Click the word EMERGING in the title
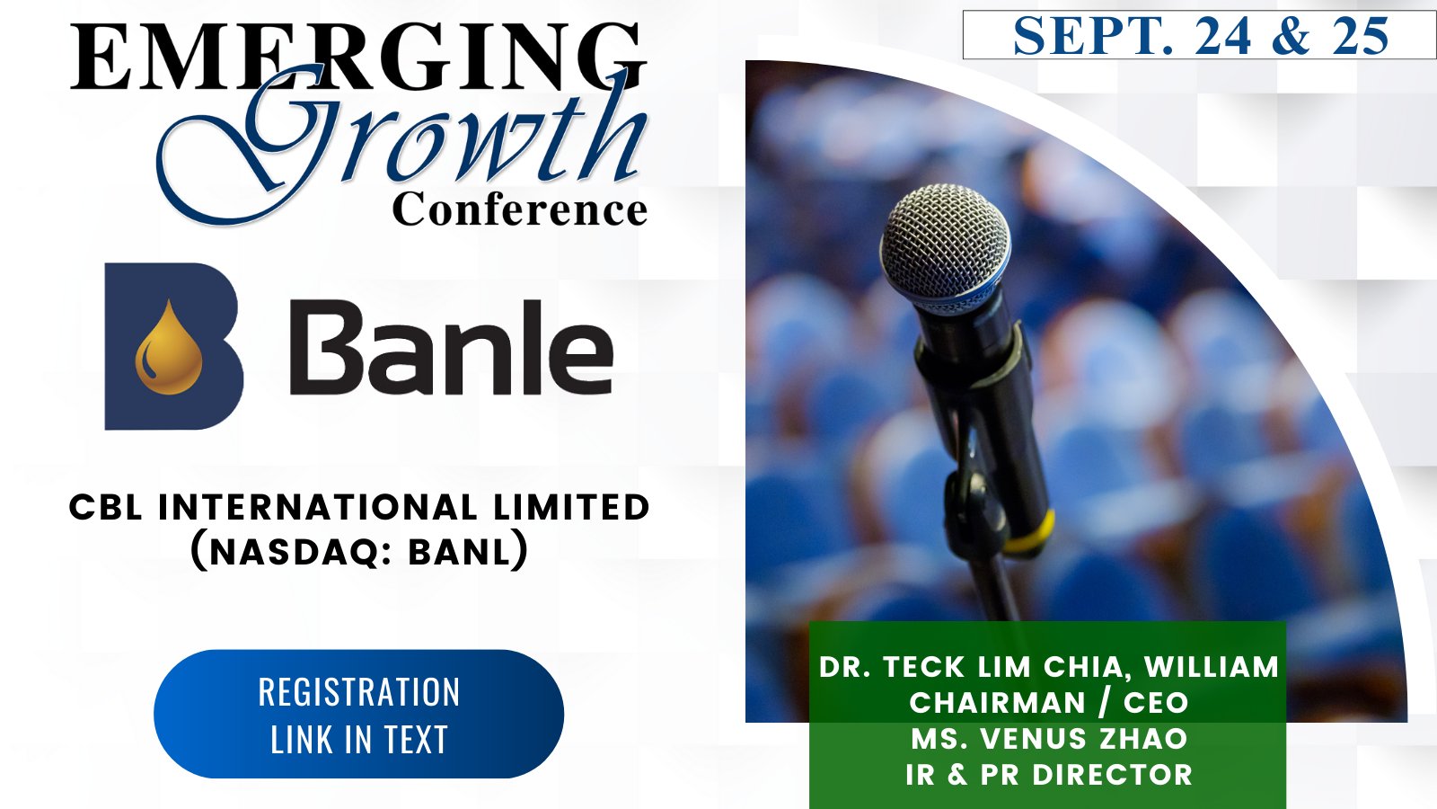pyautogui.click(x=358, y=57)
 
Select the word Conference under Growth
pyautogui.click(x=520, y=209)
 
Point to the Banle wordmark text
pyautogui.click(x=452, y=347)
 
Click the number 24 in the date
pyautogui.click(x=1222, y=36)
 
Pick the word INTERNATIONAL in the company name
pyautogui.click(x=318, y=507)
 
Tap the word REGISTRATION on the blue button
pyautogui.click(x=359, y=691)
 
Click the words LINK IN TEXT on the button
pyautogui.click(x=359, y=740)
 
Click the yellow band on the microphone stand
pyautogui.click(x=1029, y=534)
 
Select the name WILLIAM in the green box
pyautogui.click(x=1212, y=666)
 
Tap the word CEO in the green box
pyautogui.click(x=1156, y=702)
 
